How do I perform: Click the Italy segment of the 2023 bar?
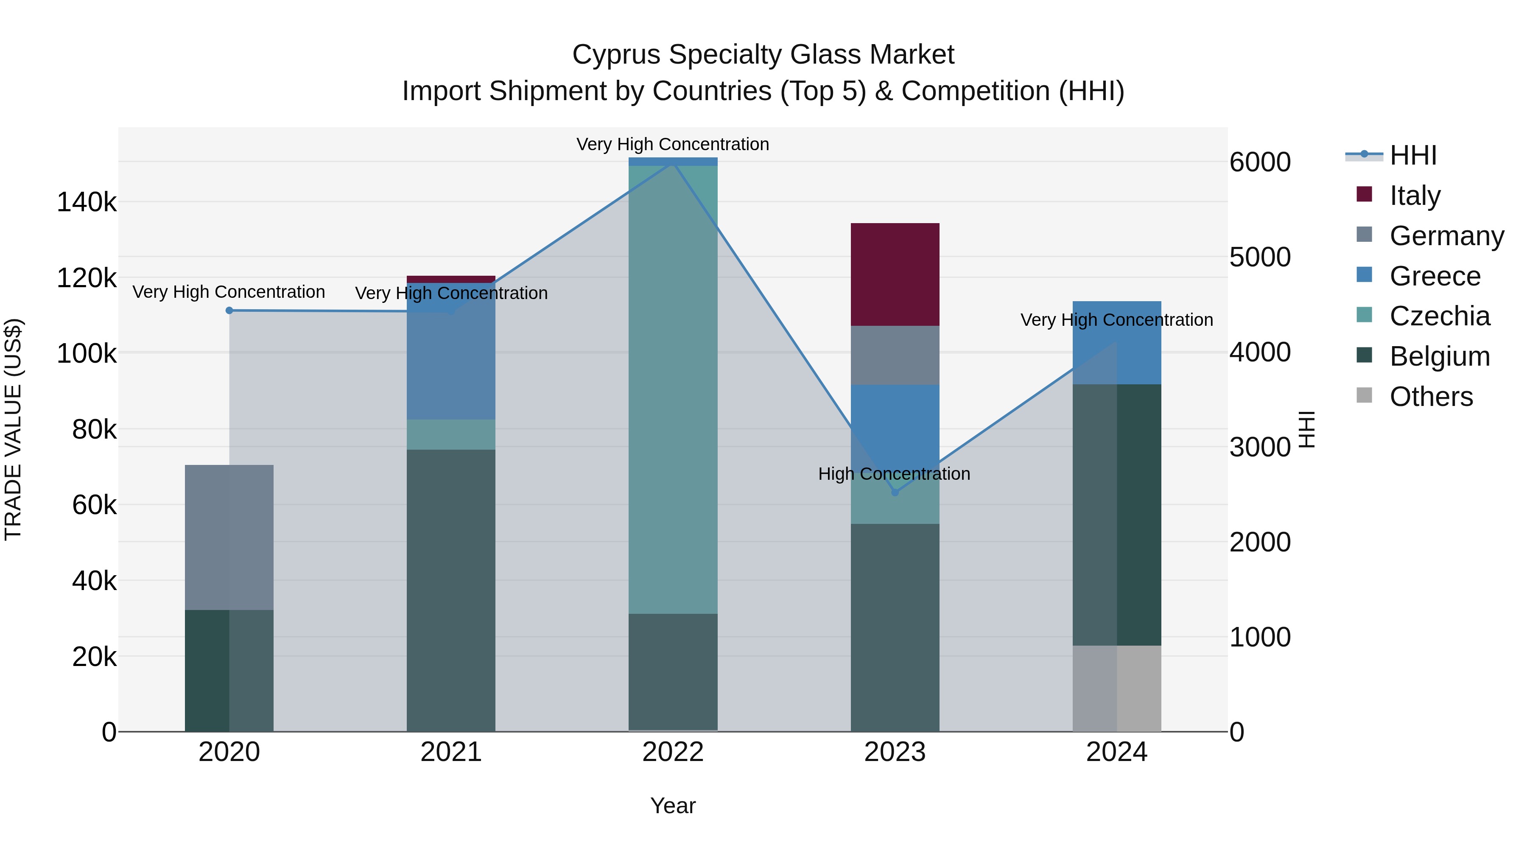point(895,274)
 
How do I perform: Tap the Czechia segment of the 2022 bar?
point(673,389)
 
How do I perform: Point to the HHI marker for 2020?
point(229,311)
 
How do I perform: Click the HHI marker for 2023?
point(895,492)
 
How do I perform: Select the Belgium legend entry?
point(1439,356)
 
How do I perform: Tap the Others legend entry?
point(1431,397)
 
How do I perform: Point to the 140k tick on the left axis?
point(87,202)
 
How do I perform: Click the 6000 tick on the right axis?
point(1260,162)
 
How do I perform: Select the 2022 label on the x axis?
point(673,752)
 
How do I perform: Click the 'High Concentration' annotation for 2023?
point(894,474)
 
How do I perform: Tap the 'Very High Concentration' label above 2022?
point(673,144)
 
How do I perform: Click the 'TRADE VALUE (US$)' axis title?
point(13,429)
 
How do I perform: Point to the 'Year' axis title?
point(673,806)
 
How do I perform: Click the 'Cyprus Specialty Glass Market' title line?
point(763,55)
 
